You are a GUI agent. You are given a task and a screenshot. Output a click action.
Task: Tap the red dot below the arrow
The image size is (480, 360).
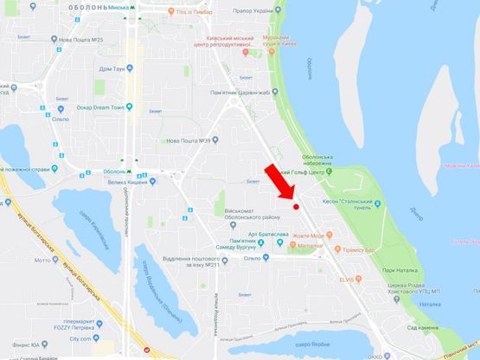point(296,206)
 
